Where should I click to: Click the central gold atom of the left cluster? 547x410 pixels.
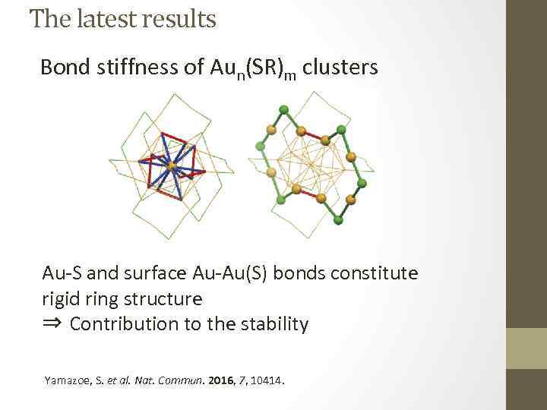pyautogui.click(x=172, y=165)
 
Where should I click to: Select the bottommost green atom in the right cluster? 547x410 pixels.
pyautogui.click(x=338, y=220)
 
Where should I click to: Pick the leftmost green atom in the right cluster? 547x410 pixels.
pyautogui.click(x=260, y=145)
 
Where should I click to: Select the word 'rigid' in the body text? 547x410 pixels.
pyautogui.click(x=62, y=298)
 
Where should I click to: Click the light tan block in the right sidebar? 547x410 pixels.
pyautogui.click(x=526, y=348)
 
